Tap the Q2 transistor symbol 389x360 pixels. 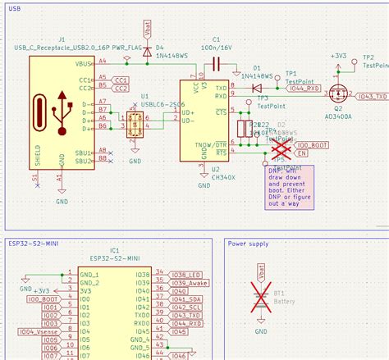click(x=337, y=93)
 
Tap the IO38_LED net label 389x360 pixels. click(x=187, y=274)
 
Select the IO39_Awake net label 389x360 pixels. click(x=190, y=283)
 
